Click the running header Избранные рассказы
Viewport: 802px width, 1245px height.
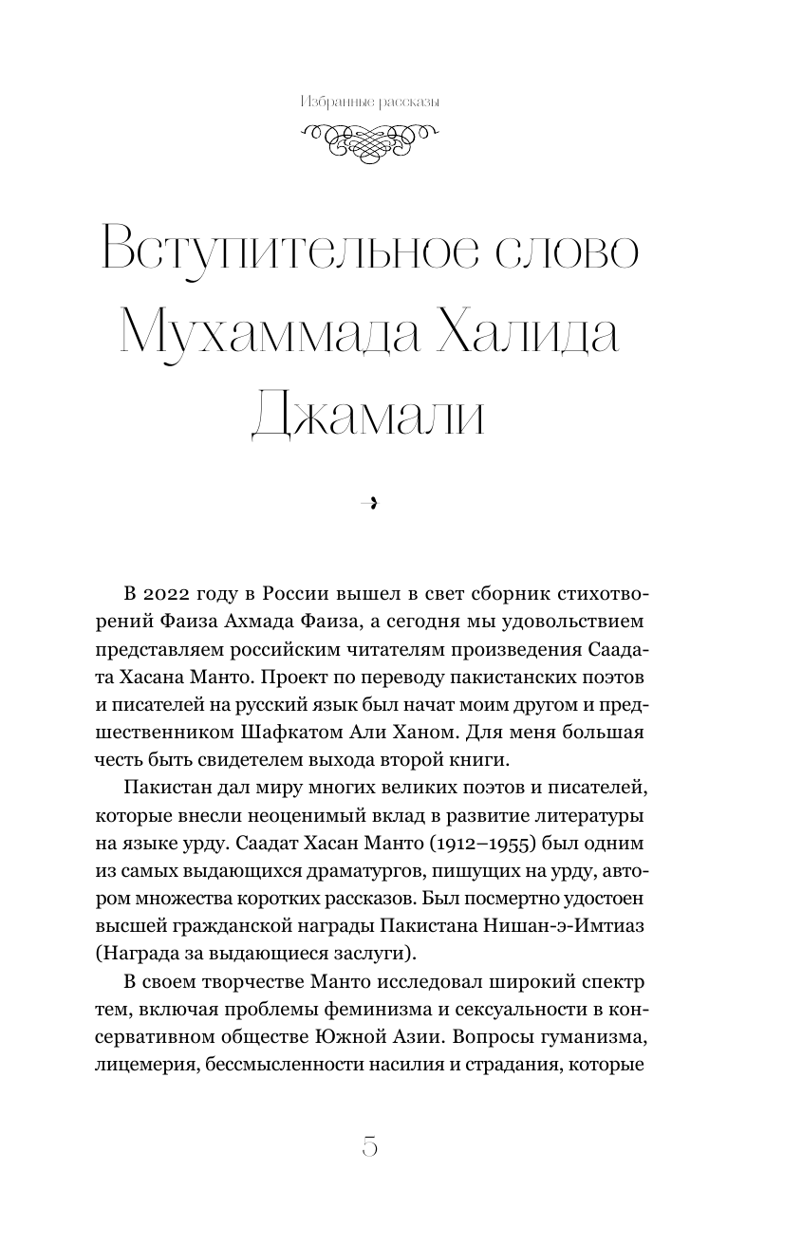pos(369,102)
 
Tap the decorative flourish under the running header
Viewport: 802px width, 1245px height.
pos(369,143)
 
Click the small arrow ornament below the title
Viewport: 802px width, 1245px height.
pos(370,504)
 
